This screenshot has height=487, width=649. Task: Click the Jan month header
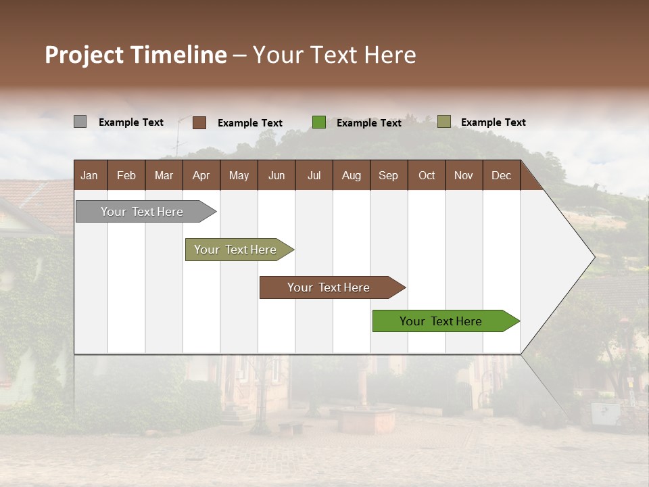pos(90,175)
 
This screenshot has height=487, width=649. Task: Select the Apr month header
pos(201,175)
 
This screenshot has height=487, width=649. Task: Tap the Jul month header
pos(314,175)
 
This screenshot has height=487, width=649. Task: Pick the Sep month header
pos(389,175)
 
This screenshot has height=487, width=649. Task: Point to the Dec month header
pos(501,175)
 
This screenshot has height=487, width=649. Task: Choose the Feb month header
pos(126,175)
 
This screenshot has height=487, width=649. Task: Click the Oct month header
pos(427,175)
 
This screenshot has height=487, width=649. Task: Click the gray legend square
pos(80,122)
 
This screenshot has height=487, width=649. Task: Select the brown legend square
pos(199,122)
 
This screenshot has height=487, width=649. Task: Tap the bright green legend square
pos(319,122)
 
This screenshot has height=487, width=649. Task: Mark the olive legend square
pos(443,122)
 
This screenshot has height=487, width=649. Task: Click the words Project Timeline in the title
pos(136,55)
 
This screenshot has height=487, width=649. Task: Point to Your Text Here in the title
pos(335,55)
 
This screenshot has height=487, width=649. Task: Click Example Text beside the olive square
pos(493,122)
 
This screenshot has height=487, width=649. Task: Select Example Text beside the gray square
pos(131,122)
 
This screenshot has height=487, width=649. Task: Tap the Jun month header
pos(277,175)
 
